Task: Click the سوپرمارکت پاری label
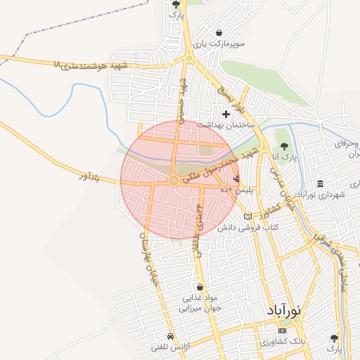(x=220, y=44)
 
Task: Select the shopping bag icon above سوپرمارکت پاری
(x=220, y=32)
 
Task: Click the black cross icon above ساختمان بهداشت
(x=226, y=114)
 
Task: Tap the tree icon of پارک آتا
(x=284, y=146)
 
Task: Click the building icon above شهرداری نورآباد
(x=321, y=184)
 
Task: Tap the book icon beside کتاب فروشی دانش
(x=246, y=216)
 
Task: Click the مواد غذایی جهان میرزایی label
(x=201, y=303)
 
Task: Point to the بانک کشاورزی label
(x=283, y=342)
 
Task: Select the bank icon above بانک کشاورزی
(x=283, y=330)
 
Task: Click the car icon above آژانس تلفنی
(x=170, y=336)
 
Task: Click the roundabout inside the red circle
(x=174, y=181)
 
